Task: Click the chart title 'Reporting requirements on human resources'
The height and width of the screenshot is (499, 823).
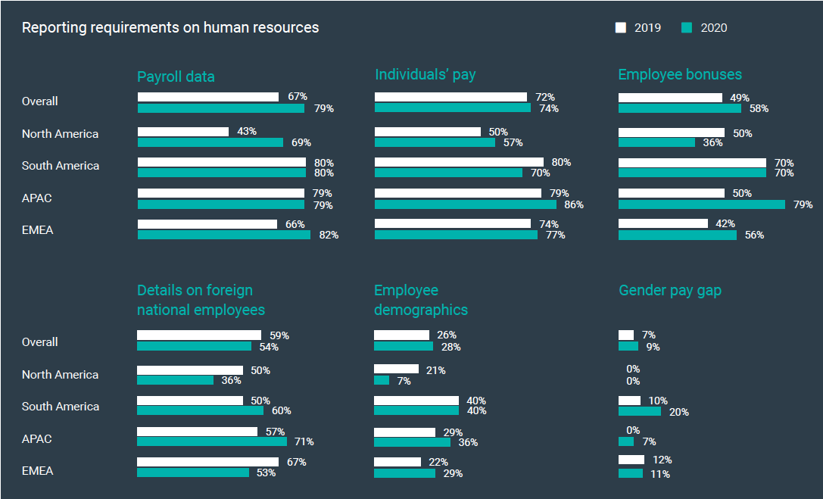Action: (x=170, y=28)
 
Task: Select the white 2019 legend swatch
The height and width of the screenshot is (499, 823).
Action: (x=621, y=27)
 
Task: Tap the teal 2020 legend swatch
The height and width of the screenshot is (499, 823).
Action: (x=687, y=27)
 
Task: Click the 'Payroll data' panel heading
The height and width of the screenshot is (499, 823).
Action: (x=176, y=76)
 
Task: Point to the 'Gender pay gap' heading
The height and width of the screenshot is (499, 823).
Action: (x=669, y=290)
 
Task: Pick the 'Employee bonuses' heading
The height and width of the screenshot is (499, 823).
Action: (x=680, y=74)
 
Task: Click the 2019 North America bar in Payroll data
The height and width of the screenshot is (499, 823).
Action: (x=183, y=132)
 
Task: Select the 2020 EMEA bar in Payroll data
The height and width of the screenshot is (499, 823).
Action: (x=224, y=235)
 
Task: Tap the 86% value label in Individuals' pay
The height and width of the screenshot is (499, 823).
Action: (x=574, y=204)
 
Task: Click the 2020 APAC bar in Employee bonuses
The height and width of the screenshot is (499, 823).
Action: (x=702, y=204)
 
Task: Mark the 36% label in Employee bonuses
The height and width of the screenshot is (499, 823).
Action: (x=712, y=142)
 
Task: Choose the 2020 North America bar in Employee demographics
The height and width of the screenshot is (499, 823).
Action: (x=382, y=381)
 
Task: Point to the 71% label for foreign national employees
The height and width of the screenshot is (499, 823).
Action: (x=304, y=442)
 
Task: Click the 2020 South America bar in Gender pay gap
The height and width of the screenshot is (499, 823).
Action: (x=640, y=411)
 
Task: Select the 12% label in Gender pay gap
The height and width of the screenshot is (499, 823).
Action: (x=662, y=460)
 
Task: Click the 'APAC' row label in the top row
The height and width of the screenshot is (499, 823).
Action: (x=37, y=198)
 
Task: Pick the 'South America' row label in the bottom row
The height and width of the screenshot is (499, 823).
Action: (x=61, y=407)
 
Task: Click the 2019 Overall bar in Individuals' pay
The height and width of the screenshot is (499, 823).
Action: (x=450, y=97)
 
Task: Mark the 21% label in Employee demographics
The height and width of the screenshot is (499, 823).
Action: (x=435, y=370)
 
